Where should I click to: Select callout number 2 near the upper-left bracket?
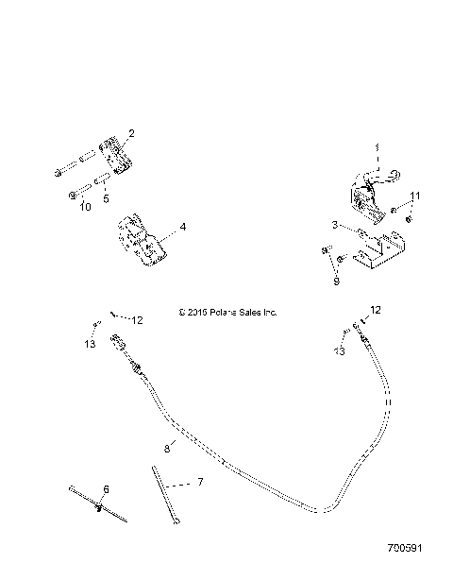pyautogui.click(x=131, y=133)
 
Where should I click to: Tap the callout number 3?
pyautogui.click(x=333, y=225)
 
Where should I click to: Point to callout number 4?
pyautogui.click(x=182, y=227)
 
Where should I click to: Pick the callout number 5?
pyautogui.click(x=106, y=198)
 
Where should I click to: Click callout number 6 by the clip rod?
pyautogui.click(x=106, y=488)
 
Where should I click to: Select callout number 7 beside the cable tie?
pyautogui.click(x=199, y=483)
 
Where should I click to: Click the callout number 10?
pyautogui.click(x=85, y=207)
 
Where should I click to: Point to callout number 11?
pyautogui.click(x=415, y=196)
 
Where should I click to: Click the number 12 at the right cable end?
pyautogui.click(x=375, y=310)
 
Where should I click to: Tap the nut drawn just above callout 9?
pyautogui.click(x=325, y=250)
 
